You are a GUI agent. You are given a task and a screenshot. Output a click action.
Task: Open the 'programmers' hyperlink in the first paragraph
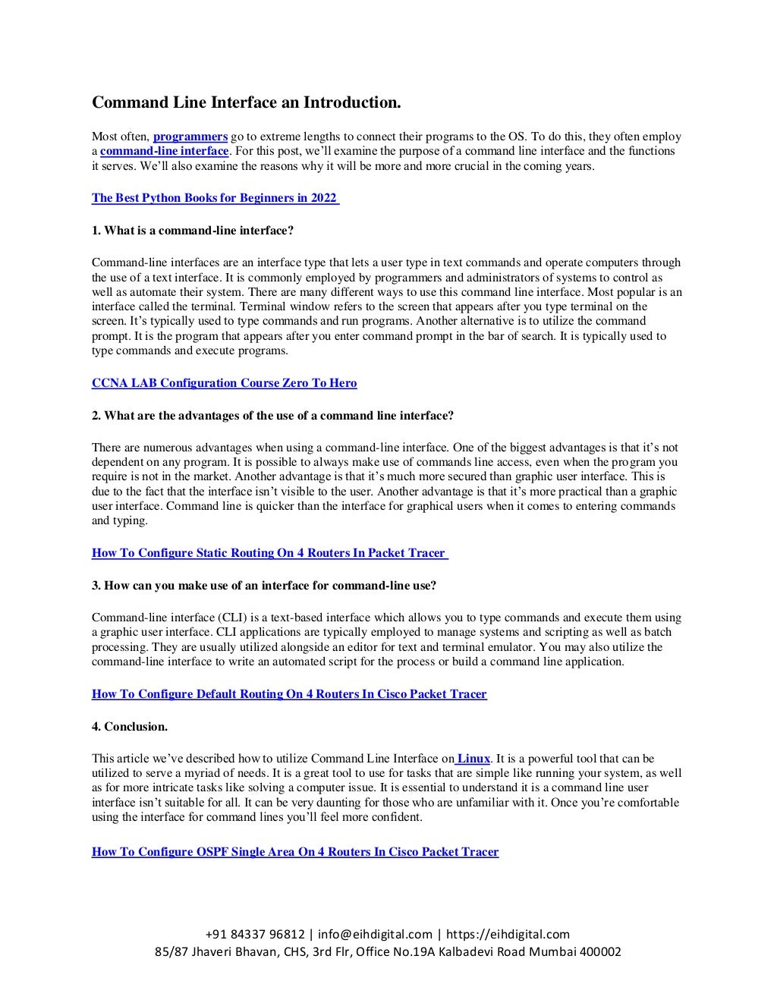[190, 137]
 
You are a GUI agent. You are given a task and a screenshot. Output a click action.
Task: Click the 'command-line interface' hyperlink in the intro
[164, 151]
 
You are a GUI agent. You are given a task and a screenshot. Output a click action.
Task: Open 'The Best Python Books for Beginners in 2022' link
[215, 198]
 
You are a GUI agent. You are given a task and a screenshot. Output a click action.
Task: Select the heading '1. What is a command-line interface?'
[193, 230]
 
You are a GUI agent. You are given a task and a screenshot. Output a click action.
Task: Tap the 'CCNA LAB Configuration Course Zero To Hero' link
[224, 383]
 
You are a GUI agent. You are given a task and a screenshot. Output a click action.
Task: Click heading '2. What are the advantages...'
[273, 415]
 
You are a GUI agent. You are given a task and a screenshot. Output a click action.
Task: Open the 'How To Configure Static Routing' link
[269, 553]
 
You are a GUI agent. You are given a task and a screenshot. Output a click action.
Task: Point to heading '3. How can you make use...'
[264, 585]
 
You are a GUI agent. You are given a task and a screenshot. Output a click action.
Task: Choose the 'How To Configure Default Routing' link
[289, 694]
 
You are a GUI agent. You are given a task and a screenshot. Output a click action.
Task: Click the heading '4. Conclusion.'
[130, 726]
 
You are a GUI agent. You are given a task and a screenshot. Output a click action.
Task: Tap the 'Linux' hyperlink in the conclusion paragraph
[473, 758]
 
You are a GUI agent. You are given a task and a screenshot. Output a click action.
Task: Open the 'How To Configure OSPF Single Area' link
[295, 852]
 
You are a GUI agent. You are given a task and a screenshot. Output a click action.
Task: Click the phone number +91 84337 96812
[256, 934]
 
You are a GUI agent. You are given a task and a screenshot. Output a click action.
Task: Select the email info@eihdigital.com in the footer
[375, 934]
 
